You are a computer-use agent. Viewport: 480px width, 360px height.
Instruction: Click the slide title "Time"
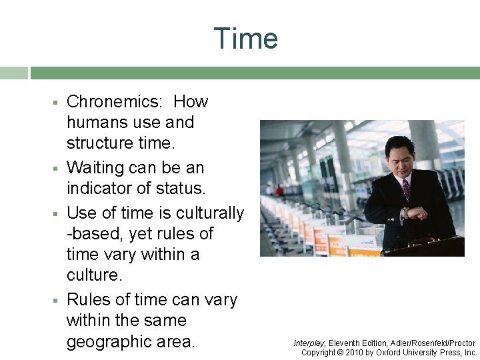coord(245,39)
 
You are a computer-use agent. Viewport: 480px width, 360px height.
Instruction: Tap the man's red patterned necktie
coord(406,189)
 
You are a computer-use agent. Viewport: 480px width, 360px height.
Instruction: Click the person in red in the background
coord(279,191)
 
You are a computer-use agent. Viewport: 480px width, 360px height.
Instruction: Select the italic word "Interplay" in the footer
coord(309,343)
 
